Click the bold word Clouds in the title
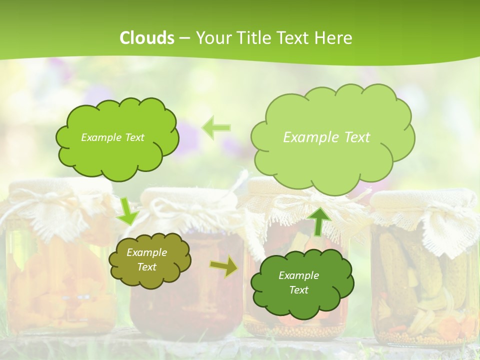click(x=147, y=38)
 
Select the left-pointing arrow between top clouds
click(x=216, y=127)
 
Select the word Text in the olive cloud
click(x=147, y=267)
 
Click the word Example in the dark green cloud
click(x=298, y=275)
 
